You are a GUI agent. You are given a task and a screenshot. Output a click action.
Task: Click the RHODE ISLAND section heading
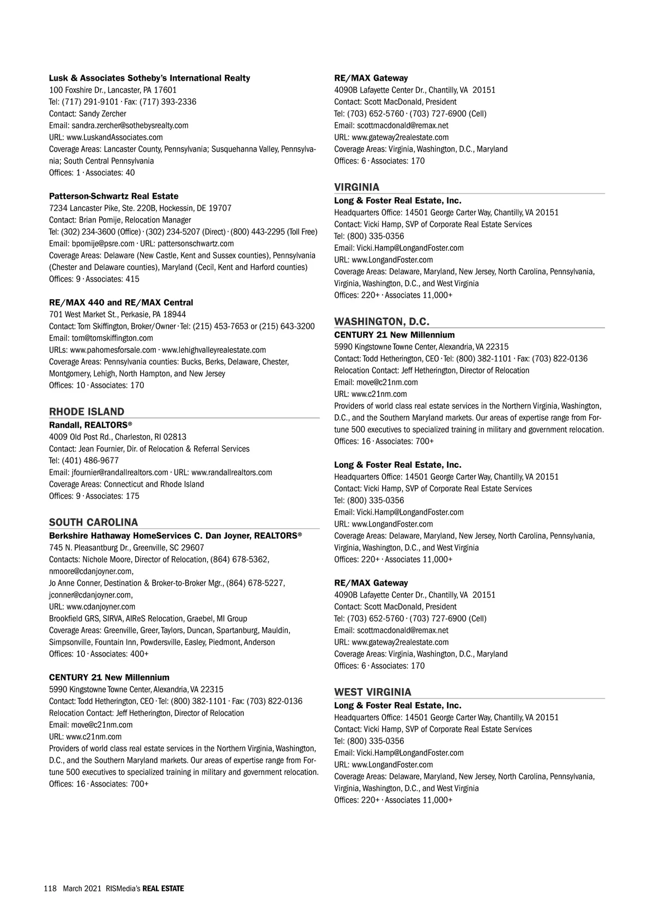click(87, 412)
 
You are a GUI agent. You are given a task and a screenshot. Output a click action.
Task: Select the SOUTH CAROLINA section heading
click(94, 522)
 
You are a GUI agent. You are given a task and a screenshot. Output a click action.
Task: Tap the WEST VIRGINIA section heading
click(373, 692)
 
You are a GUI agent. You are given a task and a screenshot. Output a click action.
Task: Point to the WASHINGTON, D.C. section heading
click(382, 322)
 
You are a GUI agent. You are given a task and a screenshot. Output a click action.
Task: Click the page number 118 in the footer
click(50, 888)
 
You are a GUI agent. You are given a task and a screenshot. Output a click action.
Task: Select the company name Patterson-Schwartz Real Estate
click(113, 196)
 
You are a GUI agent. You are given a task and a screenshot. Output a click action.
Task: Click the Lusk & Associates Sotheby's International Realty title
click(149, 78)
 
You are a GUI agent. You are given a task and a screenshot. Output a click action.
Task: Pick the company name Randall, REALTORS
click(90, 425)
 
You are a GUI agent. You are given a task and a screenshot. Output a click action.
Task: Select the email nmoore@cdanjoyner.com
click(91, 571)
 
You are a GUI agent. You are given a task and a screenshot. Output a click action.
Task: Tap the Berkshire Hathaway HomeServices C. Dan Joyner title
click(175, 536)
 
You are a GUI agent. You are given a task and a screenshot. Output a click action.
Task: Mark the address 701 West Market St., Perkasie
click(117, 315)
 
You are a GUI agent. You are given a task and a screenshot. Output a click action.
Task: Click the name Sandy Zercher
click(102, 114)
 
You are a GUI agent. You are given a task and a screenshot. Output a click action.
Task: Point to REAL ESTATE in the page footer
click(163, 888)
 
